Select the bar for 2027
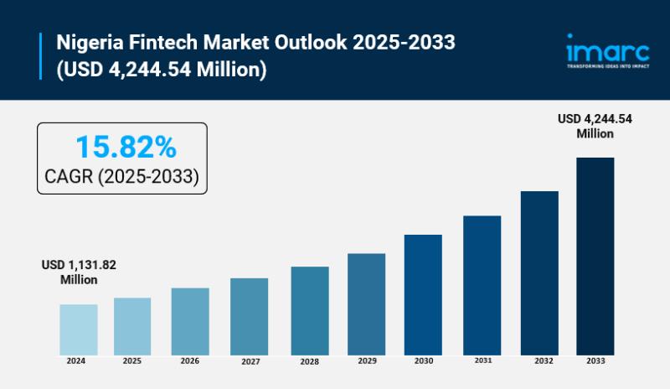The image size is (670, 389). [249, 316]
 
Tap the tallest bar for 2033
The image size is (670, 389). [595, 256]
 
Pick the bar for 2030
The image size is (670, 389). [423, 294]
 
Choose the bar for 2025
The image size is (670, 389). [132, 326]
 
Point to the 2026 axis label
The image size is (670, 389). [189, 361]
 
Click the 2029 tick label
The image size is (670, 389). [366, 361]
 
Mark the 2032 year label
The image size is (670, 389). [539, 361]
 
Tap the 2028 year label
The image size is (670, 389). [309, 361]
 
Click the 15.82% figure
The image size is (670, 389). [126, 148]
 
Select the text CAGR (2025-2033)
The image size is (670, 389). [121, 176]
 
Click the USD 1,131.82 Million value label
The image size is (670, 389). [79, 272]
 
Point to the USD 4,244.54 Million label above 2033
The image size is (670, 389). [595, 126]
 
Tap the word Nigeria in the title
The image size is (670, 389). [89, 41]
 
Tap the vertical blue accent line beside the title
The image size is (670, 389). [41, 55]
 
